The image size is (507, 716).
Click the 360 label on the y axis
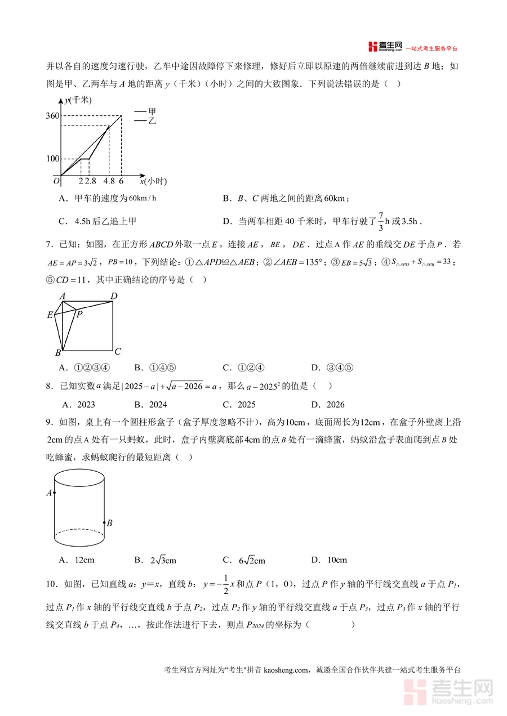point(53,117)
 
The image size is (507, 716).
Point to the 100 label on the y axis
point(53,159)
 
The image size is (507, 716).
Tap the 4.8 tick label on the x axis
point(109,181)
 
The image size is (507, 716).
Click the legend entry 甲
point(152,111)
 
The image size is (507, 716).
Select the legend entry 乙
point(152,120)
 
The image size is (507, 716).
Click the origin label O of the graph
point(56,181)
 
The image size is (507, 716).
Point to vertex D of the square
point(114,297)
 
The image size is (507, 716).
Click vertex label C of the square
point(118,352)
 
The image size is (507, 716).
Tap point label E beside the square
point(50,315)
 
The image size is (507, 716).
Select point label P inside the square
point(79,314)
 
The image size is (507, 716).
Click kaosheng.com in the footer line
point(287,670)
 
